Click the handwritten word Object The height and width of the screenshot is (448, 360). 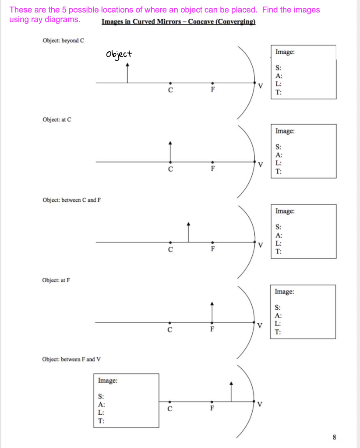coord(118,55)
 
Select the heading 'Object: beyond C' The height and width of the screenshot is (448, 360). coord(63,41)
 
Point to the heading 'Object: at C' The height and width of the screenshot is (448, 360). coord(56,119)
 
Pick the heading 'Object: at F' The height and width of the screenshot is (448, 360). coord(56,280)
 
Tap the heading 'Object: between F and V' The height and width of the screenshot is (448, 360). coord(71,359)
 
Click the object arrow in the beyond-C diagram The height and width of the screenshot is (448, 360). coord(127,73)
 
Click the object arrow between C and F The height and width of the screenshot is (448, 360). coord(189,232)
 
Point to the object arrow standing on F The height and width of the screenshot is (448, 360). coord(212,312)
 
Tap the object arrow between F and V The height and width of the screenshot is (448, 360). coord(232,392)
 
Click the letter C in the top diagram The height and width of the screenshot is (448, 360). coord(170,90)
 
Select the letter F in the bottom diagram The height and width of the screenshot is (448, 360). coord(212,410)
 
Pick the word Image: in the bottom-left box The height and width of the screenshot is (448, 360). coord(107,381)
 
